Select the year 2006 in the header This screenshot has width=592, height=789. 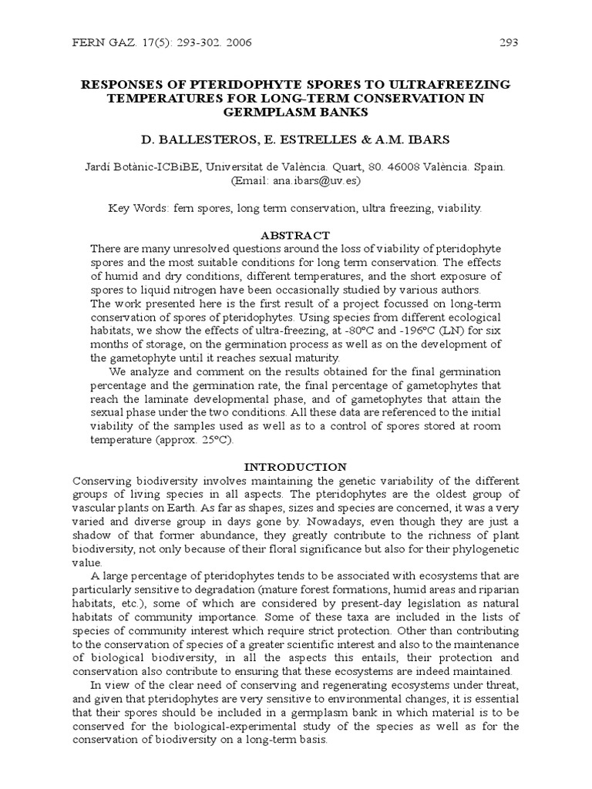coord(237,43)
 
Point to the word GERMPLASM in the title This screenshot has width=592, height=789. coord(265,112)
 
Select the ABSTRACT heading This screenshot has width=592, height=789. coord(295,235)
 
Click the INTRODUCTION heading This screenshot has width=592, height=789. coord(295,467)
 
